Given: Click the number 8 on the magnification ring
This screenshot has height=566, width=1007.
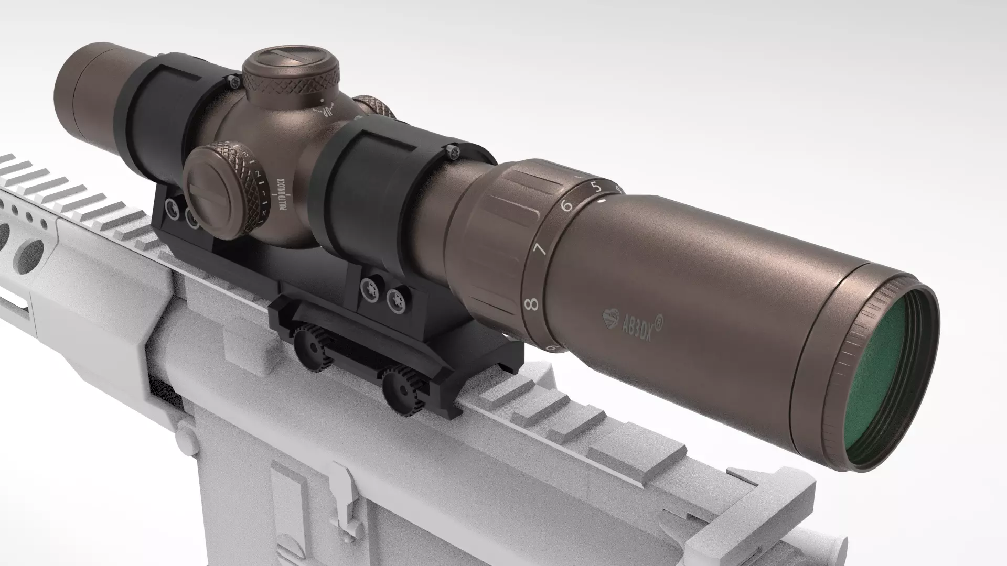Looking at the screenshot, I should pyautogui.click(x=533, y=303).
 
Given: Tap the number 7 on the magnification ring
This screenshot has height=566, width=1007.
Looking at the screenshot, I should pyautogui.click(x=541, y=249).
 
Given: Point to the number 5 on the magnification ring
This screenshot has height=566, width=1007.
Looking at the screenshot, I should pyautogui.click(x=596, y=186).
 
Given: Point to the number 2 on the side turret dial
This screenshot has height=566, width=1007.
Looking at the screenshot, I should pyautogui.click(x=258, y=173).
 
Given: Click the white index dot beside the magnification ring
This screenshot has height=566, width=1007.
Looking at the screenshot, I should pyautogui.click(x=602, y=200).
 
